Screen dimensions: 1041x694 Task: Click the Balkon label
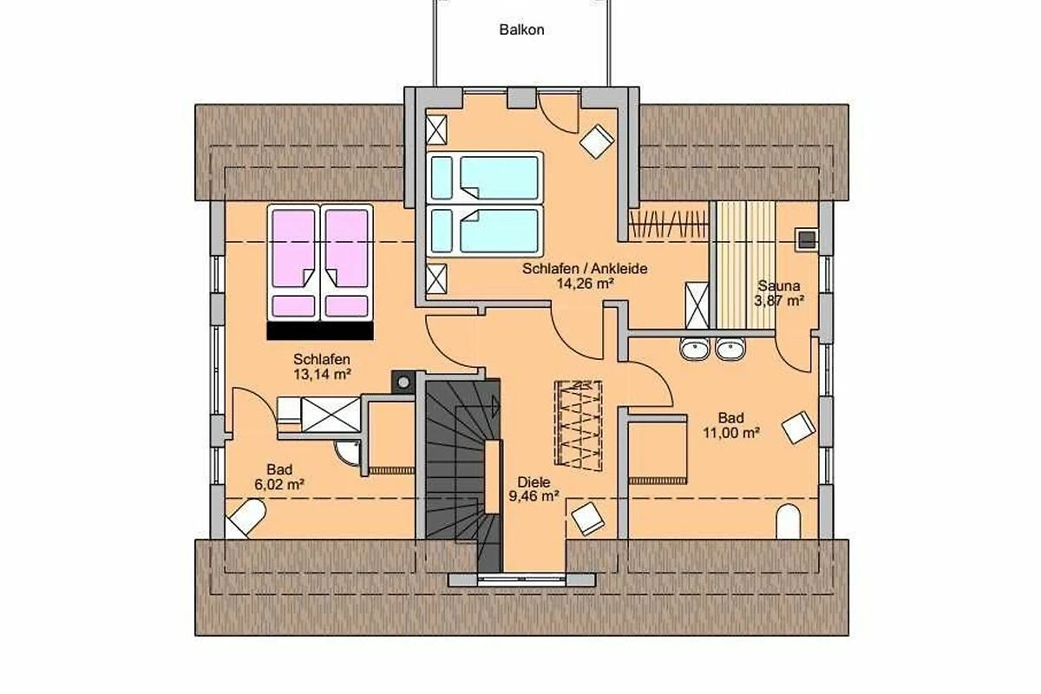(521, 29)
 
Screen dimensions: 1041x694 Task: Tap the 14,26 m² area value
(585, 284)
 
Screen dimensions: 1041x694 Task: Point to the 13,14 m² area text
(322, 374)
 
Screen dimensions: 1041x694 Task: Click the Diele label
(534, 482)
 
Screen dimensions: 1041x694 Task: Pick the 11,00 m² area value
(731, 433)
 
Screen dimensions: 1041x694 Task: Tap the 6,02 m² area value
(279, 484)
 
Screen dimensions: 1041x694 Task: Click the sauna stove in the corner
(806, 239)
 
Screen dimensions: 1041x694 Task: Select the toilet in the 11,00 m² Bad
(789, 521)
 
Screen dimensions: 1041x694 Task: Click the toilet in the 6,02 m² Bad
(246, 518)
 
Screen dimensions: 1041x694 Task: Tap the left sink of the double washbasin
(695, 349)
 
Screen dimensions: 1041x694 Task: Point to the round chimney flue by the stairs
(403, 383)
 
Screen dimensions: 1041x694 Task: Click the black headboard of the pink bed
(320, 331)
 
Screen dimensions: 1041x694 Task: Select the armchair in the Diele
(588, 519)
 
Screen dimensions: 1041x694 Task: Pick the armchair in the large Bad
(798, 427)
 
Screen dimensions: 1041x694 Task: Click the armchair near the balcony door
(596, 141)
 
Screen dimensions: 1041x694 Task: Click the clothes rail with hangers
(668, 226)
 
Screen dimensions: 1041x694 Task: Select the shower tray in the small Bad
(331, 415)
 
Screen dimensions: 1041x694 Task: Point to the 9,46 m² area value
(534, 496)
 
